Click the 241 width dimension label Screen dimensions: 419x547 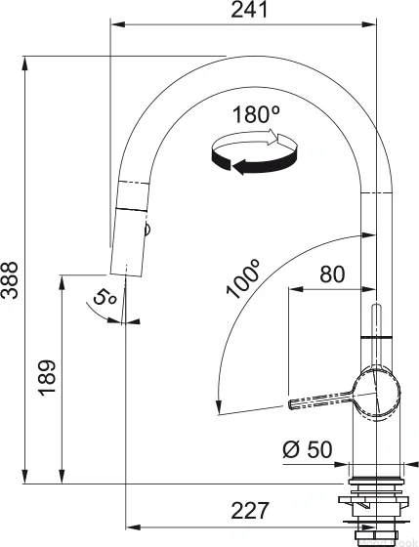[x=250, y=10]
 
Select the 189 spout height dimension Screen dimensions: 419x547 [x=47, y=378]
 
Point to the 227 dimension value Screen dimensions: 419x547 [x=250, y=510]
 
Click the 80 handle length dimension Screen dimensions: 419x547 [x=332, y=274]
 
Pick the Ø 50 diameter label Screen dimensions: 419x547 [x=308, y=449]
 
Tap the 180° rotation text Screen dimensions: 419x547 [x=256, y=114]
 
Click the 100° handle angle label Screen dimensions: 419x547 [x=243, y=278]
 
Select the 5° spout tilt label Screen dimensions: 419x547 [x=104, y=298]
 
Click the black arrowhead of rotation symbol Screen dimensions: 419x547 [x=240, y=166]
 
